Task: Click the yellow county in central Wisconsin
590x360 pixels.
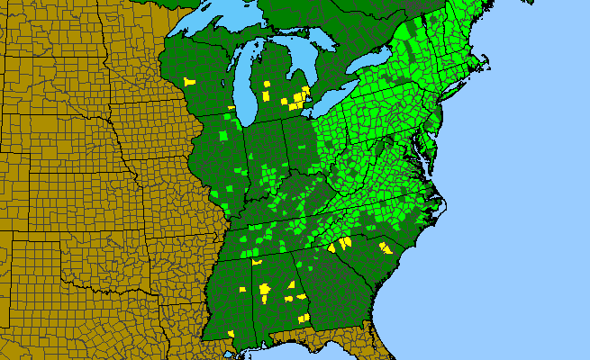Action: tap(189, 81)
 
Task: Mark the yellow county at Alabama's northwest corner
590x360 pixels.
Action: tap(256, 262)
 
